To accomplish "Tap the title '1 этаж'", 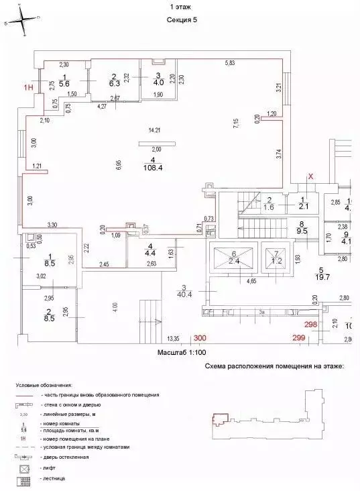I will click(180, 7).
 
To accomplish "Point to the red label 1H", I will click(28, 87).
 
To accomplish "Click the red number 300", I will click(200, 339).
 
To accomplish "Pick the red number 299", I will click(298, 339).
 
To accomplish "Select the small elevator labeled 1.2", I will click(274, 262).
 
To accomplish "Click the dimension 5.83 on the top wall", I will click(230, 63).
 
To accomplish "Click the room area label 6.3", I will click(115, 84).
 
